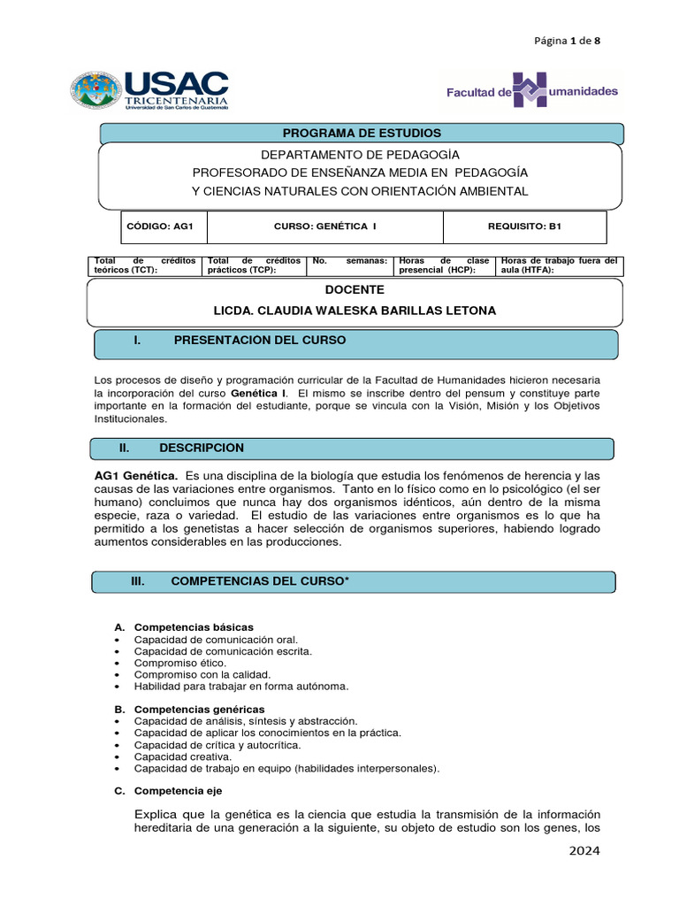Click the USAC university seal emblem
96,91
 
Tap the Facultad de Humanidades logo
531,91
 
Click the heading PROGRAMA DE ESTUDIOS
362,134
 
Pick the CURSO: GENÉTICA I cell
325,226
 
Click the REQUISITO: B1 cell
524,226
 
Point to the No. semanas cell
349,265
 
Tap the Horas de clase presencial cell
444,265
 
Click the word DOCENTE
355,289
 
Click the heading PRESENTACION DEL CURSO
260,341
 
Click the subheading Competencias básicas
194,627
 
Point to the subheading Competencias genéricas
199,710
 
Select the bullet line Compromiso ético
180,663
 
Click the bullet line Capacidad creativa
183,756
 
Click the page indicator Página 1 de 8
568,41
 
